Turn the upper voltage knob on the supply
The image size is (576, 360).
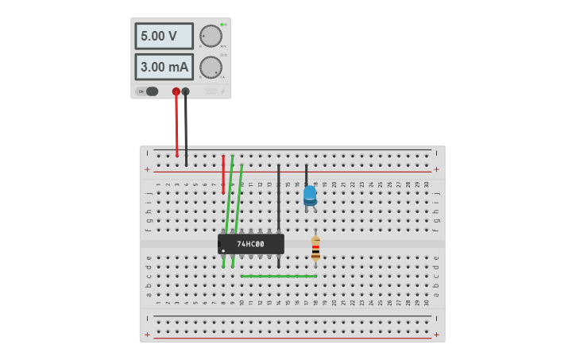[211, 36]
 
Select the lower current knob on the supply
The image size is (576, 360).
[211, 67]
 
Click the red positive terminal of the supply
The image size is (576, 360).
[176, 91]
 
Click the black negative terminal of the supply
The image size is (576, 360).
[186, 91]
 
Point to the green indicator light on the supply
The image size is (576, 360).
[222, 25]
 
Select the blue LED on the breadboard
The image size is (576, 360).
[310, 195]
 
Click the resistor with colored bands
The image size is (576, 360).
[315, 249]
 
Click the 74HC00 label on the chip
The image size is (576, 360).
[250, 244]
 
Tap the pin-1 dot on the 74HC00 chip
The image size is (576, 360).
[223, 251]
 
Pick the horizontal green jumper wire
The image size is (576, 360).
[278, 277]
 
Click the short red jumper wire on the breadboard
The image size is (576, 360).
[223, 175]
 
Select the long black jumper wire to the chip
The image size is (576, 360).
[279, 199]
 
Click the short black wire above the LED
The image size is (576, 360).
[307, 175]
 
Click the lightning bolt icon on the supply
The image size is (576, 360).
[222, 92]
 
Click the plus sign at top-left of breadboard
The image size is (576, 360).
[147, 169]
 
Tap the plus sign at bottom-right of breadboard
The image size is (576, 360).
[436, 335]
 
